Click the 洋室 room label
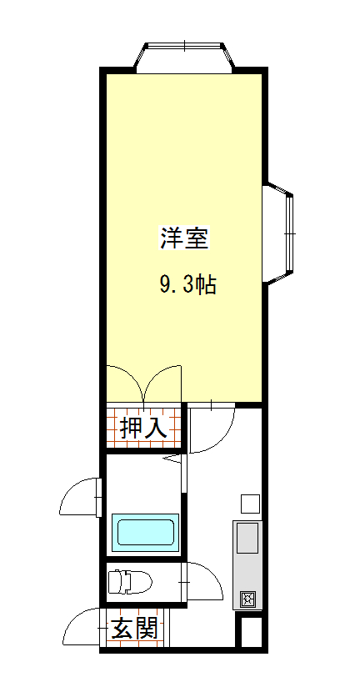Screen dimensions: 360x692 coord(183,238)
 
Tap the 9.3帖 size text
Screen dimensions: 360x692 coord(187,285)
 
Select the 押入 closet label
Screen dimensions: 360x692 coord(143,428)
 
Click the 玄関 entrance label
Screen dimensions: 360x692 coord(133,628)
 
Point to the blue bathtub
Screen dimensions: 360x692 coord(145,532)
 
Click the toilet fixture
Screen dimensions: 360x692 coord(130,582)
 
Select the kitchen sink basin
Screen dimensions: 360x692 coord(247,538)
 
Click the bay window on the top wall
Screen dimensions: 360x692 coord(184,57)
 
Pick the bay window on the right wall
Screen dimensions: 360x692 coord(278,233)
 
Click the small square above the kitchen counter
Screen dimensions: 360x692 coord(250,504)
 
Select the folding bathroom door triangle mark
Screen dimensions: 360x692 coord(173,459)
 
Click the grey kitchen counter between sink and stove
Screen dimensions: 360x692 coord(247,572)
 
